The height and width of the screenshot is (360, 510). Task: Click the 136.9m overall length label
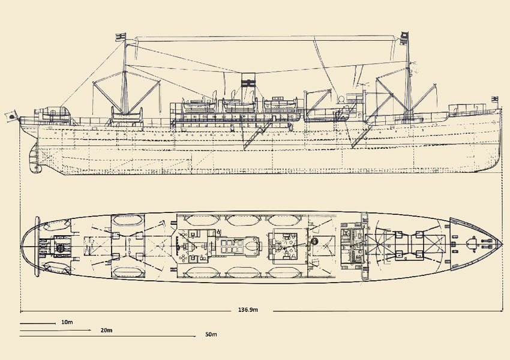248,310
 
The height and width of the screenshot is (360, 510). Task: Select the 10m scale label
67,322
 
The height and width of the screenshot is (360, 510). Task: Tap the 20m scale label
106,330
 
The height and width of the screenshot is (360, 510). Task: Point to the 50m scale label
210,334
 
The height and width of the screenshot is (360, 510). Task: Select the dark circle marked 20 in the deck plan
60,247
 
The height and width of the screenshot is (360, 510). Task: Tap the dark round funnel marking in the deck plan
315,241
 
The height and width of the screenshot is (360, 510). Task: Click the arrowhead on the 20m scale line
90,330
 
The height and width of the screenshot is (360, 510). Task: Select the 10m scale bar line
37,323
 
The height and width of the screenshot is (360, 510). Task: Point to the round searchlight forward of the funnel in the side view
343,98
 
